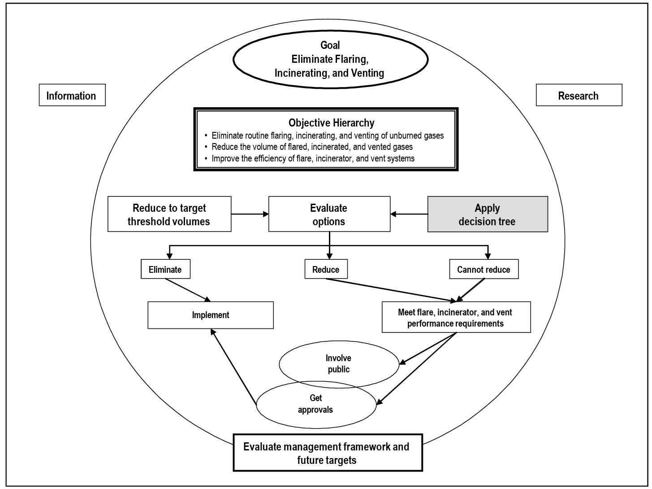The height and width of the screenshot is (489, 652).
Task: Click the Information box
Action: tap(72, 95)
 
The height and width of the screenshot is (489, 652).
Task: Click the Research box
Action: tap(579, 95)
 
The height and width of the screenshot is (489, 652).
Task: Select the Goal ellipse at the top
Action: tap(330, 59)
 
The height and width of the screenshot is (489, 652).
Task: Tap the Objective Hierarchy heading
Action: tap(331, 122)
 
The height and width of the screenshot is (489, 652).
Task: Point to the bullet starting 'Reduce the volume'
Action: tap(312, 147)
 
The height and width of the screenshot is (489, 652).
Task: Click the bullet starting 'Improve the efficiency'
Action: tap(313, 158)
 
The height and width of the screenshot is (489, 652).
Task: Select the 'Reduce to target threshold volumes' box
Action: tap(169, 214)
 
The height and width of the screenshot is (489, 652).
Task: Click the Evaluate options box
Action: tap(329, 214)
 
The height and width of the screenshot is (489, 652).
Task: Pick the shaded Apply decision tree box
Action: tap(488, 214)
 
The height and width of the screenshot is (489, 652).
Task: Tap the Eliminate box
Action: tap(165, 270)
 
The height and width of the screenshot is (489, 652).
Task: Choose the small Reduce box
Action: tap(326, 270)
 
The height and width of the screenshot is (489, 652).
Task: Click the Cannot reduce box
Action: tap(484, 270)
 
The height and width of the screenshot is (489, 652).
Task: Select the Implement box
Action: tap(211, 315)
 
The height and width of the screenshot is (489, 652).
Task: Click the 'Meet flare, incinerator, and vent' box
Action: tap(456, 318)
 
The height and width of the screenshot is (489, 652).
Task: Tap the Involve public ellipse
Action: tap(338, 363)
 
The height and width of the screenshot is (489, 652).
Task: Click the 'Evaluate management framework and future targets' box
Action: tap(327, 453)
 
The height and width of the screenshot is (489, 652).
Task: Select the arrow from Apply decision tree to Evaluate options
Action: tap(409, 214)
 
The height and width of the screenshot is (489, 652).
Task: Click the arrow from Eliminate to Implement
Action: tap(187, 290)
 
